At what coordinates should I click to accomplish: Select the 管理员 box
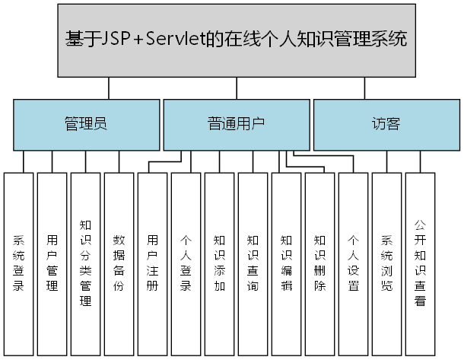85,124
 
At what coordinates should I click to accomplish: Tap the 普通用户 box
236,124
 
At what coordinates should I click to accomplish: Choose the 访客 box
386,124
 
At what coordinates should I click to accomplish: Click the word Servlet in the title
179,40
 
